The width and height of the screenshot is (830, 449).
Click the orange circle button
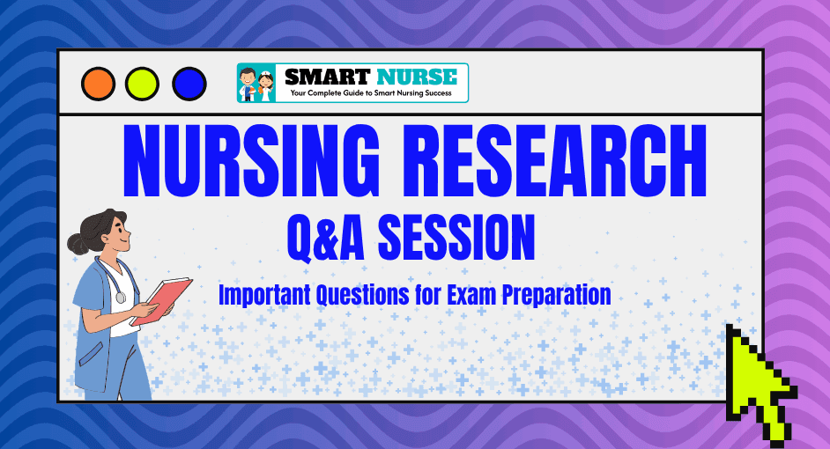(98, 85)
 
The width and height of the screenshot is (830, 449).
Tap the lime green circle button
(142, 85)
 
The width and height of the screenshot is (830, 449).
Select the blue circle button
(189, 85)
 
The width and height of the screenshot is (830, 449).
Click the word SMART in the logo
(327, 77)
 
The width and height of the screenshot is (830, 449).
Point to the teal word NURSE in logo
(417, 77)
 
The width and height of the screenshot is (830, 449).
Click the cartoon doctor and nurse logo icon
(256, 83)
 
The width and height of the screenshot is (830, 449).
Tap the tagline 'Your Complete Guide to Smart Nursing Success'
(371, 93)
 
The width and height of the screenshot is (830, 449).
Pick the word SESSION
(456, 238)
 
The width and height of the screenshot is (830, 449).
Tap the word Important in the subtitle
(264, 295)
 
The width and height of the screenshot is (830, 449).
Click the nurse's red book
(161, 300)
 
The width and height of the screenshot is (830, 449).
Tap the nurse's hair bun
(78, 243)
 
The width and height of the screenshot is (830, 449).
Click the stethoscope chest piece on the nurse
(122, 298)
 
